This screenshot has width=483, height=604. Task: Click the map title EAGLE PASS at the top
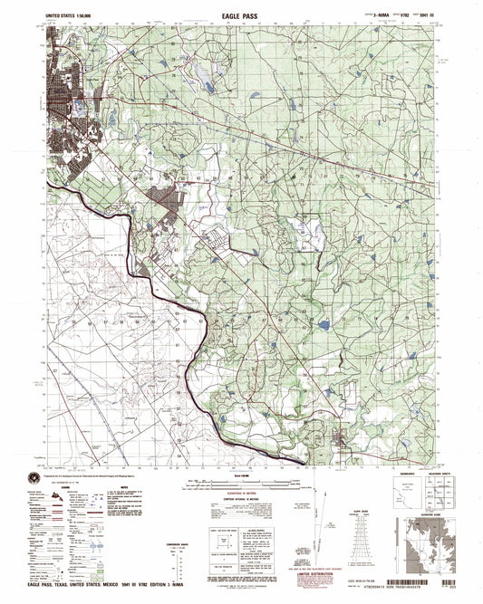241,15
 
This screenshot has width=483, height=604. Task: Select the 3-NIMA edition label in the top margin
356,15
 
